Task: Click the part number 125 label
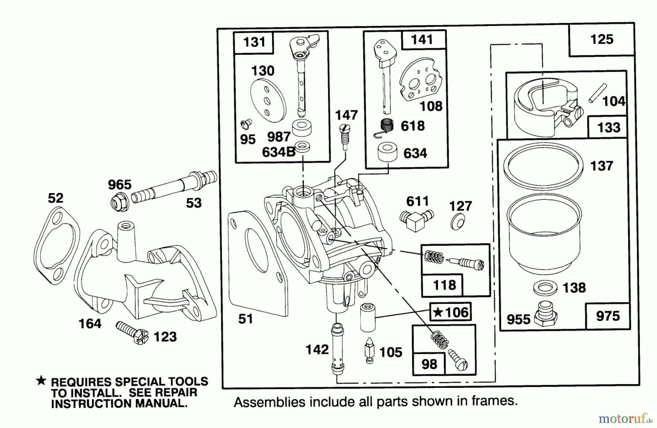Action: point(602,39)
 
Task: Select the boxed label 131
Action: point(254,42)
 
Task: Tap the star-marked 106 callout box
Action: point(450,312)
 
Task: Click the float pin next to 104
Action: point(597,93)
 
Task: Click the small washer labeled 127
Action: point(457,221)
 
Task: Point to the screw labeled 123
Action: point(132,332)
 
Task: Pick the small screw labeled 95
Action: point(245,125)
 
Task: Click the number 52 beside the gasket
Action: point(55,198)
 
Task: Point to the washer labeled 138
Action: point(545,288)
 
